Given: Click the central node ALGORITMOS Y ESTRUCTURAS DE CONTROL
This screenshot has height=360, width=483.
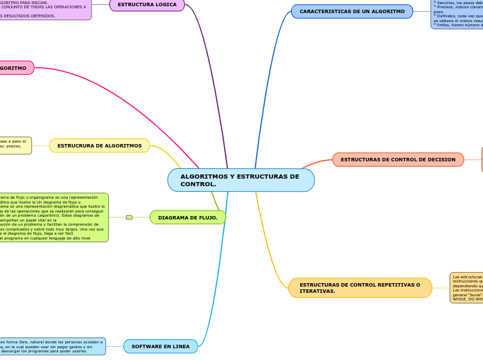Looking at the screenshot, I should (x=240, y=180).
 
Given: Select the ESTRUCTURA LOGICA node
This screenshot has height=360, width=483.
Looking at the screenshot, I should (x=147, y=5).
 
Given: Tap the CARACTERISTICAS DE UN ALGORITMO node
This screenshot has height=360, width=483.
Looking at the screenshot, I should (x=352, y=12).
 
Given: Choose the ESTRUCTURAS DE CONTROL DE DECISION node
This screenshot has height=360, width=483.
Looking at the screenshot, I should (x=398, y=160).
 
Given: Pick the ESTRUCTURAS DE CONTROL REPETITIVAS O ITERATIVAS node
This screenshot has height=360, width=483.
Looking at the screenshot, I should (x=360, y=288).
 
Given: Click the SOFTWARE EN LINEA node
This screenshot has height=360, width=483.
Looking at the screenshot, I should (x=160, y=346).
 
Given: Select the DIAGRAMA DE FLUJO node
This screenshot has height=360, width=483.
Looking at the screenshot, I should (x=187, y=217).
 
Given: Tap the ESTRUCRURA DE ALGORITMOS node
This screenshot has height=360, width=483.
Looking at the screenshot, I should (x=99, y=145).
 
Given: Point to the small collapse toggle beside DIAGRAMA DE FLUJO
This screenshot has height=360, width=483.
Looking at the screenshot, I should (x=129, y=217).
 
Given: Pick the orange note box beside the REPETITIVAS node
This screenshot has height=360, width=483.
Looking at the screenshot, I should (x=466, y=287).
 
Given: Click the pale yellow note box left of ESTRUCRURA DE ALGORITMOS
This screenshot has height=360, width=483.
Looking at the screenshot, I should (x=15, y=145).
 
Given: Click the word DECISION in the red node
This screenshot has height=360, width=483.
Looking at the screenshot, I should (x=439, y=160).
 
